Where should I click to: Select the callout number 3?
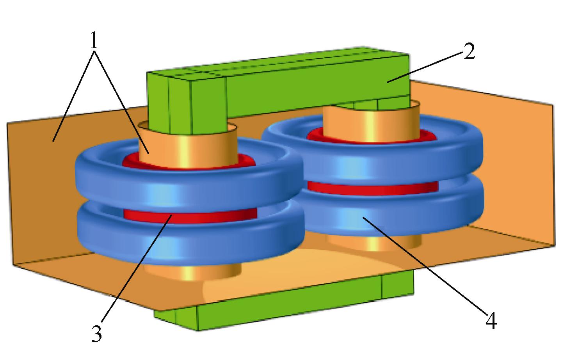coord(97,333)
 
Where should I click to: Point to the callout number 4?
coord(491,321)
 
